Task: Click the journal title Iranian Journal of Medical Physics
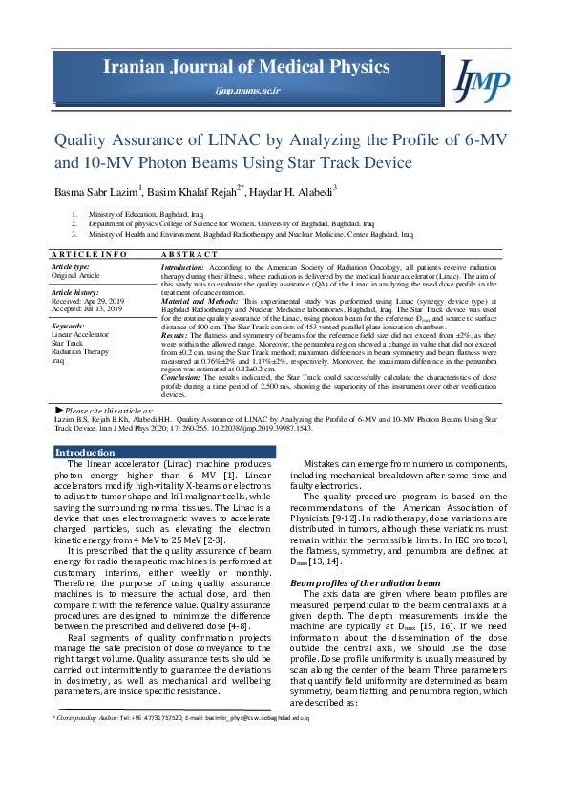tap(247, 66)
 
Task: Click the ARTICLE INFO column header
tap(88, 255)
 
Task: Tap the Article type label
tap(71, 267)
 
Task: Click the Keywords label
tap(68, 327)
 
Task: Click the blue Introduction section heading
tap(85, 453)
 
